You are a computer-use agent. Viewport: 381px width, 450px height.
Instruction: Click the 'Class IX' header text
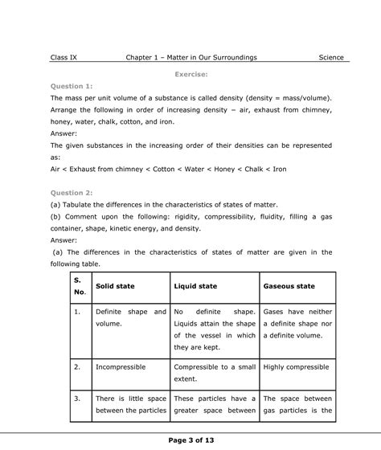[x=63, y=58]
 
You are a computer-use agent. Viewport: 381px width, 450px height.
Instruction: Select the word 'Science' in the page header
[x=330, y=58]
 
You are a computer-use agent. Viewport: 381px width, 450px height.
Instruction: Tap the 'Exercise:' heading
[x=197, y=73]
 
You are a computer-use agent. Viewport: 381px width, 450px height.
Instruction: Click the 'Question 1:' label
[x=72, y=85]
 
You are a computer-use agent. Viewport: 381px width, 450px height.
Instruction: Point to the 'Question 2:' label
[x=72, y=193]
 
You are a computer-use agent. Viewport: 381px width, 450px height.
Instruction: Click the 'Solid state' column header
[x=115, y=286]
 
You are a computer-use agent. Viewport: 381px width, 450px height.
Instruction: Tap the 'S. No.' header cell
[x=79, y=286]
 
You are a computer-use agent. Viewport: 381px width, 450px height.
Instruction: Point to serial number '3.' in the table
[x=77, y=398]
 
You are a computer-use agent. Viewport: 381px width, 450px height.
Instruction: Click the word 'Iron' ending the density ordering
[x=277, y=170]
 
